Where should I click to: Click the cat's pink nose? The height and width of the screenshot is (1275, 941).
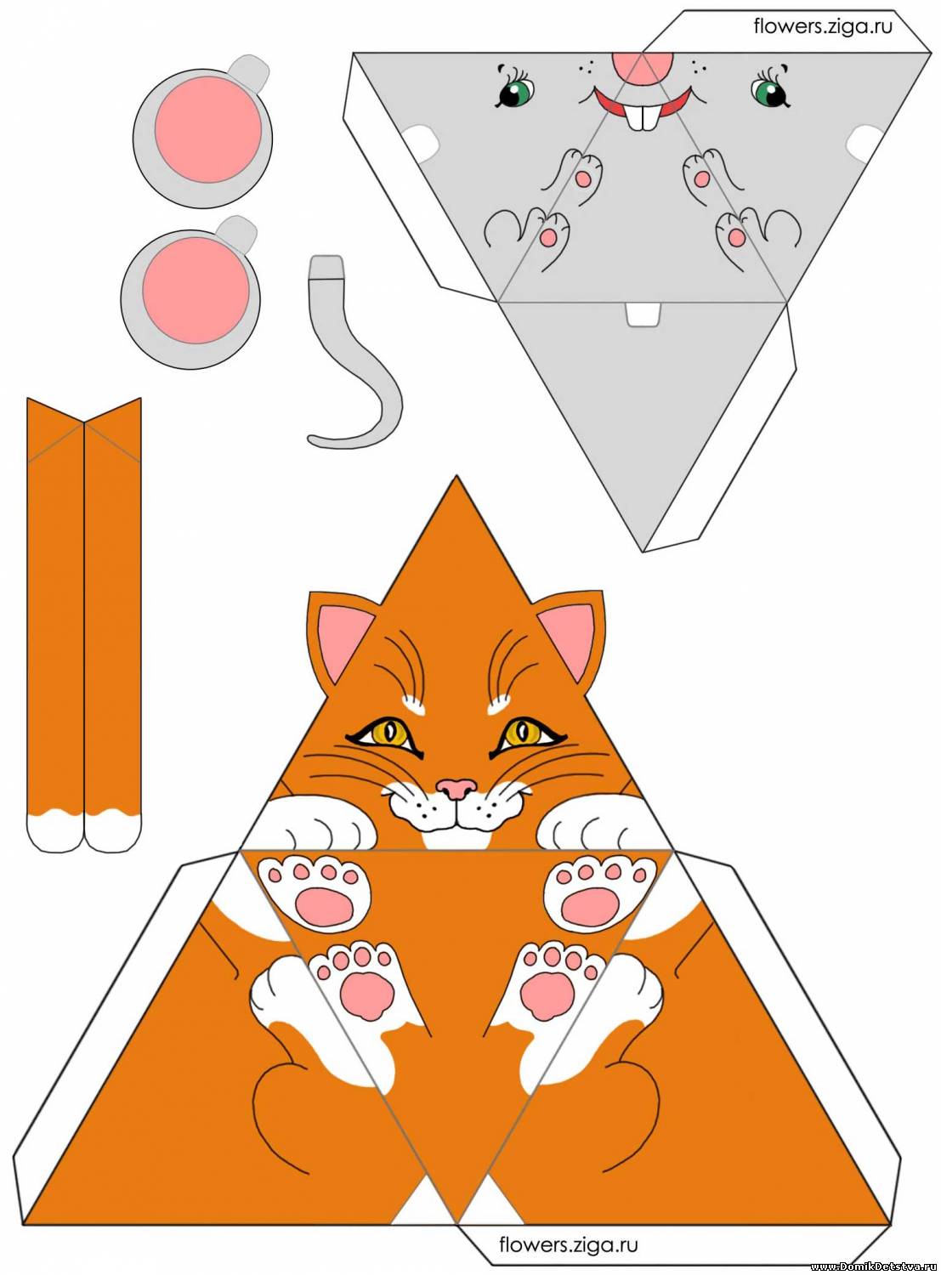pyautogui.click(x=457, y=788)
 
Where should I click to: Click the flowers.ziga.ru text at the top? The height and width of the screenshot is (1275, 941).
pyautogui.click(x=823, y=26)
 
